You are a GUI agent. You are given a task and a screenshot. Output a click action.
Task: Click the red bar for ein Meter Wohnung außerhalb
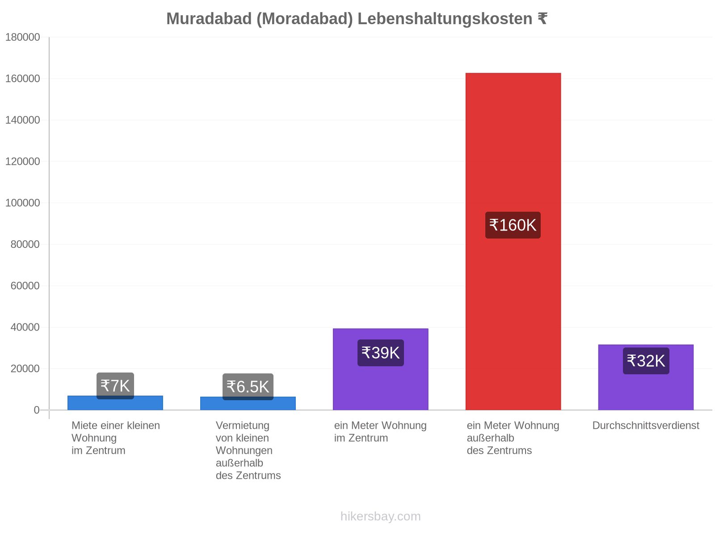[x=513, y=241]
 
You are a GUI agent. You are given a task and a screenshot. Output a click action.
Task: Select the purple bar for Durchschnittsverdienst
[x=646, y=377]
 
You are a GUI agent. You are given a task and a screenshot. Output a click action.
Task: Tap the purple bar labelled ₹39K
[x=380, y=369]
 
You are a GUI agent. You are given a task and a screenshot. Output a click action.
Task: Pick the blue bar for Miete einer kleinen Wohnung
[x=115, y=403]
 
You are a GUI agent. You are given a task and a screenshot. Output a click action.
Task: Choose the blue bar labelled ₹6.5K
[x=248, y=403]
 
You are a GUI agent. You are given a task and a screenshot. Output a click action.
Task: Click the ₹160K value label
[x=513, y=225]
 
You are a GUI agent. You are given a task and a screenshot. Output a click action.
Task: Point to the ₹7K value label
[x=115, y=386]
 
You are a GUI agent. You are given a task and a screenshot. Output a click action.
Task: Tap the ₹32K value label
[x=646, y=361]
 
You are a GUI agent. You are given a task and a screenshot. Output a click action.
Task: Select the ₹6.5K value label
[x=248, y=387]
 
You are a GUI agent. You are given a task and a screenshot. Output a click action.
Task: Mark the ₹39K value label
[x=380, y=353]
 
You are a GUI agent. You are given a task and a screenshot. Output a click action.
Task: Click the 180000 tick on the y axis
[x=22, y=37]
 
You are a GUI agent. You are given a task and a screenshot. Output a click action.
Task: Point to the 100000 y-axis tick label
[x=22, y=203]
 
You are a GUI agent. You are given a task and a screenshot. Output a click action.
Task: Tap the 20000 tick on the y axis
[x=25, y=368]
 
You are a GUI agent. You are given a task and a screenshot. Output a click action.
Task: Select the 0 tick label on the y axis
[x=37, y=410]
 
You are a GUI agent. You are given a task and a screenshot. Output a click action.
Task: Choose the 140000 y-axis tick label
[x=22, y=120]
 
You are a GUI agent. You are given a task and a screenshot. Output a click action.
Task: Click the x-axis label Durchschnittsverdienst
[x=646, y=425]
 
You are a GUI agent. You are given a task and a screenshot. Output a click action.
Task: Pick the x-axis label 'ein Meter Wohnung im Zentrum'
[x=380, y=431]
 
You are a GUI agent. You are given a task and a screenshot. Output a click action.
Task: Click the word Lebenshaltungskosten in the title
[x=445, y=19]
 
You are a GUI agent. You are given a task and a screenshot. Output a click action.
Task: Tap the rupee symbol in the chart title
[x=543, y=19]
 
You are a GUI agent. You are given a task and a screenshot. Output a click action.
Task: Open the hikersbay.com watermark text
[x=380, y=516]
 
